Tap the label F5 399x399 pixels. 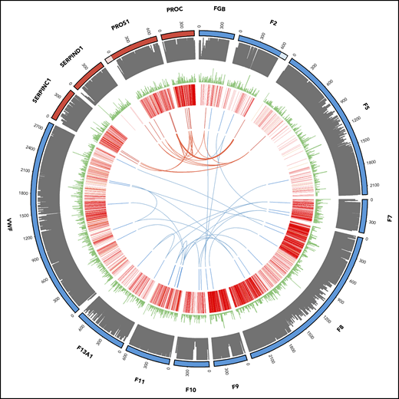point(366,104)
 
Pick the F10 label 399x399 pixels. point(192,390)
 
